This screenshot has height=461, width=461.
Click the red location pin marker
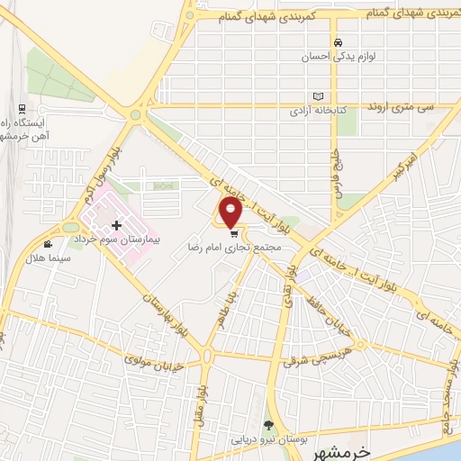[232, 213]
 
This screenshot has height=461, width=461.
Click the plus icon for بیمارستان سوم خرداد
[116, 223]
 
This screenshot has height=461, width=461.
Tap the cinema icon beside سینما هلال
[48, 244]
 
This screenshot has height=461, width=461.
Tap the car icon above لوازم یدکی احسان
[338, 42]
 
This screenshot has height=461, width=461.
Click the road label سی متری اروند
[400, 106]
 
